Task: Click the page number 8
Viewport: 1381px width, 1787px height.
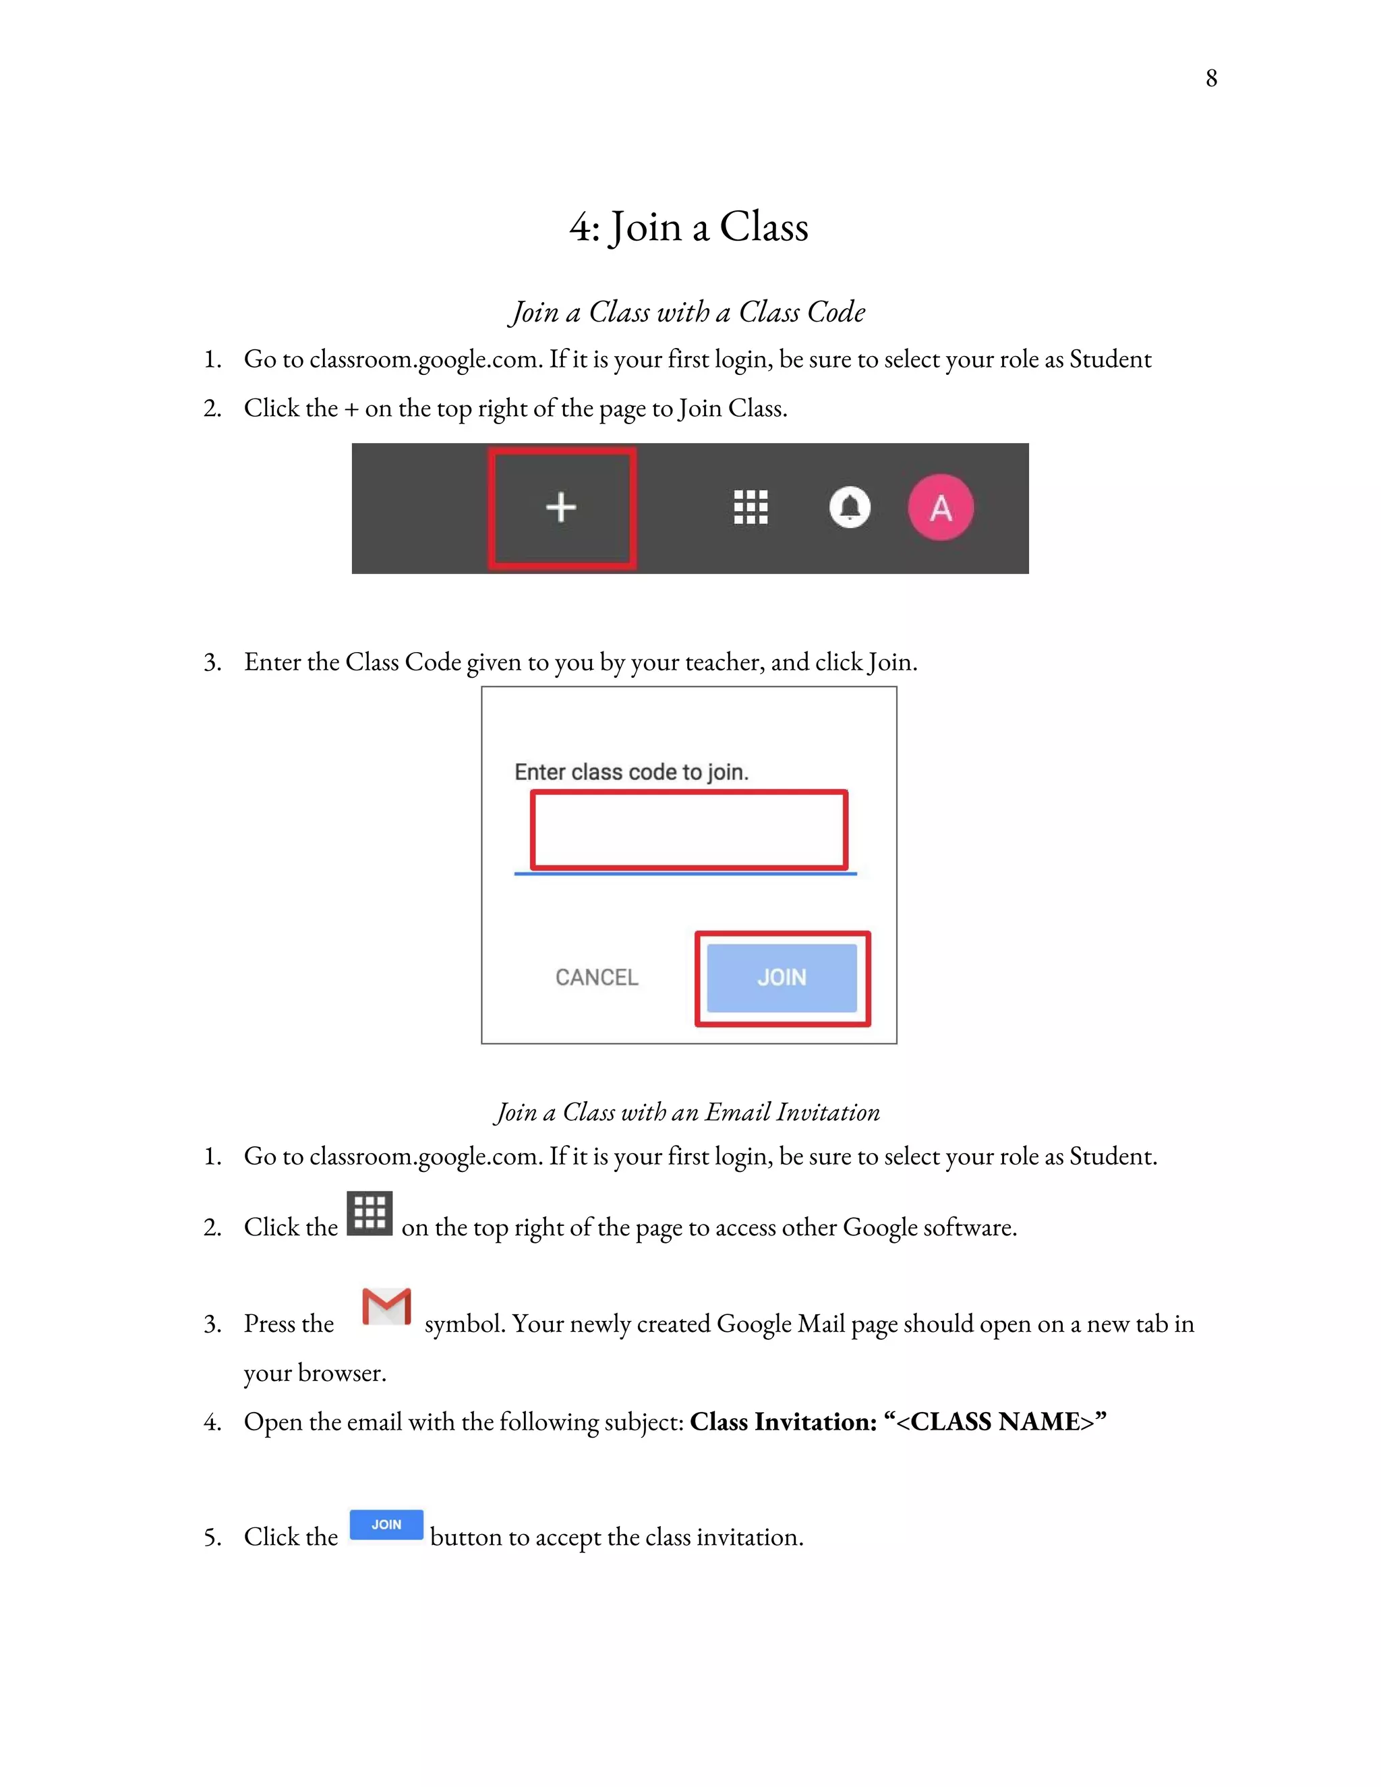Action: (x=1211, y=78)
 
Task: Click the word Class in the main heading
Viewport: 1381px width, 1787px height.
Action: (x=763, y=227)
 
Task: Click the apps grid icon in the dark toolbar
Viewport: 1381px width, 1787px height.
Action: (x=751, y=507)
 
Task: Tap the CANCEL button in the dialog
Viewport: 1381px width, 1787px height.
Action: (x=596, y=977)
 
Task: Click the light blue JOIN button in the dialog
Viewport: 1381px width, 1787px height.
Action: (x=782, y=978)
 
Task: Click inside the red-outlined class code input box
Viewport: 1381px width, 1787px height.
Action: (x=689, y=829)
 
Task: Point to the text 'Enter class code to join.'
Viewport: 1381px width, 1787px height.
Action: (x=630, y=772)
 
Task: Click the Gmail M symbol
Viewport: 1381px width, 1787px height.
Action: (x=386, y=1307)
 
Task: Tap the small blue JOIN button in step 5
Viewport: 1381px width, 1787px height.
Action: (x=386, y=1525)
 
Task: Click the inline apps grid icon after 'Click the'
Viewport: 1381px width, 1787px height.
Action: (x=370, y=1212)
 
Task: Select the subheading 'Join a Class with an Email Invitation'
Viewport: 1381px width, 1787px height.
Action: (x=687, y=1113)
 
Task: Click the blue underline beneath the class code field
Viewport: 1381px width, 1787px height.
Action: (x=686, y=874)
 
